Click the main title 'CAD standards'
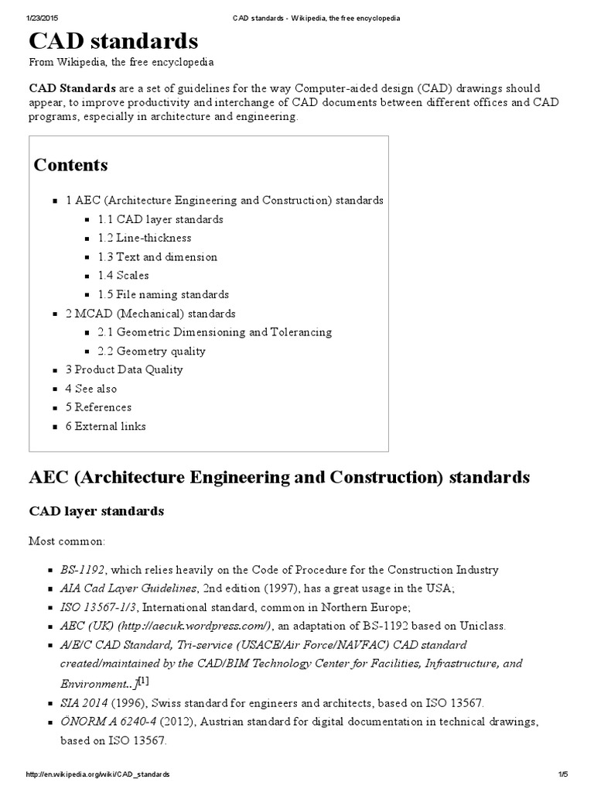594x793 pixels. pos(113,40)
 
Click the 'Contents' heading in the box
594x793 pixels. pos(71,165)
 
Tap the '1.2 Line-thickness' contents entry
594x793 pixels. pos(145,238)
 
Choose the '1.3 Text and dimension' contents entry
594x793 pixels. pos(158,256)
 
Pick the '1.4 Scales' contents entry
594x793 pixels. pos(124,275)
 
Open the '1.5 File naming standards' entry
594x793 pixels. pos(163,294)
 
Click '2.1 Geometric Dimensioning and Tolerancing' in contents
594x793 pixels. pos(215,331)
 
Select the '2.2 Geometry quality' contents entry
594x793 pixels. pos(152,351)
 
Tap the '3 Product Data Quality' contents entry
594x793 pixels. pos(125,369)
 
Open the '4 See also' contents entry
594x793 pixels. pos(91,388)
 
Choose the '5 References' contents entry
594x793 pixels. pos(98,407)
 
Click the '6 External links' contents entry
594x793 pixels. pos(106,426)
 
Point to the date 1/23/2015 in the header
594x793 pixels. pos(44,17)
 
